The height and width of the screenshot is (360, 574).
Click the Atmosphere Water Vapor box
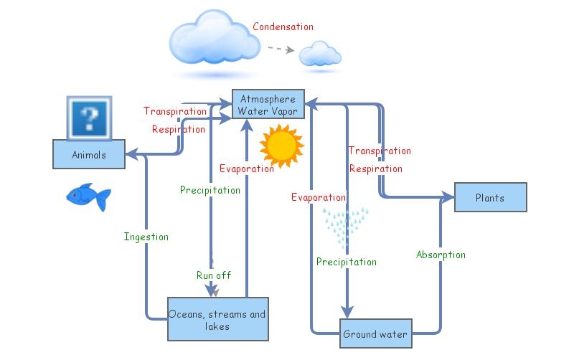[x=268, y=105]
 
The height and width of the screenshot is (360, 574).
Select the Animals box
[x=89, y=154]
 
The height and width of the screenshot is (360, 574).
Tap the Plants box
[x=490, y=197]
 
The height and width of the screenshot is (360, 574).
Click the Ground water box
[x=375, y=334]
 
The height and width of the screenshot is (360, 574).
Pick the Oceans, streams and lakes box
[x=217, y=320]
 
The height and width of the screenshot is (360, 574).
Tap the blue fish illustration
[x=88, y=196]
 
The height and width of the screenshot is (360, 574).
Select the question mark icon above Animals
[x=89, y=118]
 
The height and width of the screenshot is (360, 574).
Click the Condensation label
[x=283, y=27]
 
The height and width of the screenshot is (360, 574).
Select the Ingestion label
[x=146, y=237]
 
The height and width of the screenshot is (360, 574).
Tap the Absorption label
[x=441, y=255]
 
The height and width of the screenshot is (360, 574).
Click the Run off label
[x=214, y=275]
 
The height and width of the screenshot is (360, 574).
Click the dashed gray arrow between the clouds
[x=281, y=49]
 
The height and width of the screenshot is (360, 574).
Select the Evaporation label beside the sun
[x=246, y=169]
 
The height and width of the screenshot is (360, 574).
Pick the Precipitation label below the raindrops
[x=347, y=262]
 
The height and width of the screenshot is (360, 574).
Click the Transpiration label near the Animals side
[x=175, y=111]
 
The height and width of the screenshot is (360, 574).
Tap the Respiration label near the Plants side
[x=375, y=169]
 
